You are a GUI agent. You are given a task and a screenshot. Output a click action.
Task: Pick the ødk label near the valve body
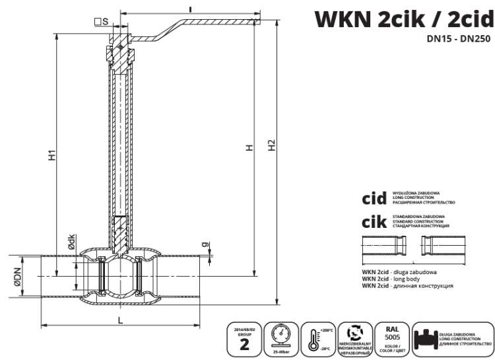click(x=72, y=244)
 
